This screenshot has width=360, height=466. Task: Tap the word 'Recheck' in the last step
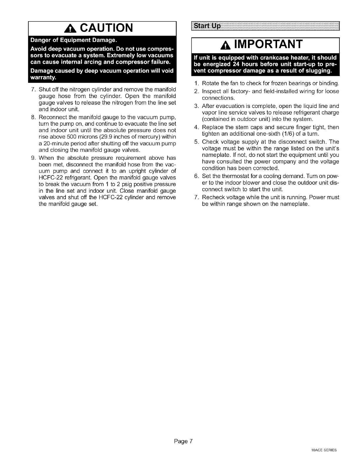click(212, 197)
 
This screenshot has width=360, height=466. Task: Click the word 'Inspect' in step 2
click(210, 91)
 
